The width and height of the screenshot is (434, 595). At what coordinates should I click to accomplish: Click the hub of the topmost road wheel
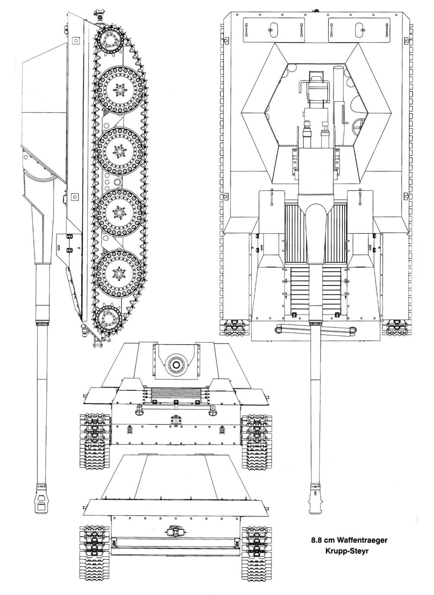pos(119,88)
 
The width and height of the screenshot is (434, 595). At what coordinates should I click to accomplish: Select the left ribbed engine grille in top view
pos(295,233)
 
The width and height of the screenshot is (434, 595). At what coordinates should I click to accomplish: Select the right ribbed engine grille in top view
pos(336,233)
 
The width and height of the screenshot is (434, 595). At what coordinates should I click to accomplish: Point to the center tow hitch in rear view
pos(176,532)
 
